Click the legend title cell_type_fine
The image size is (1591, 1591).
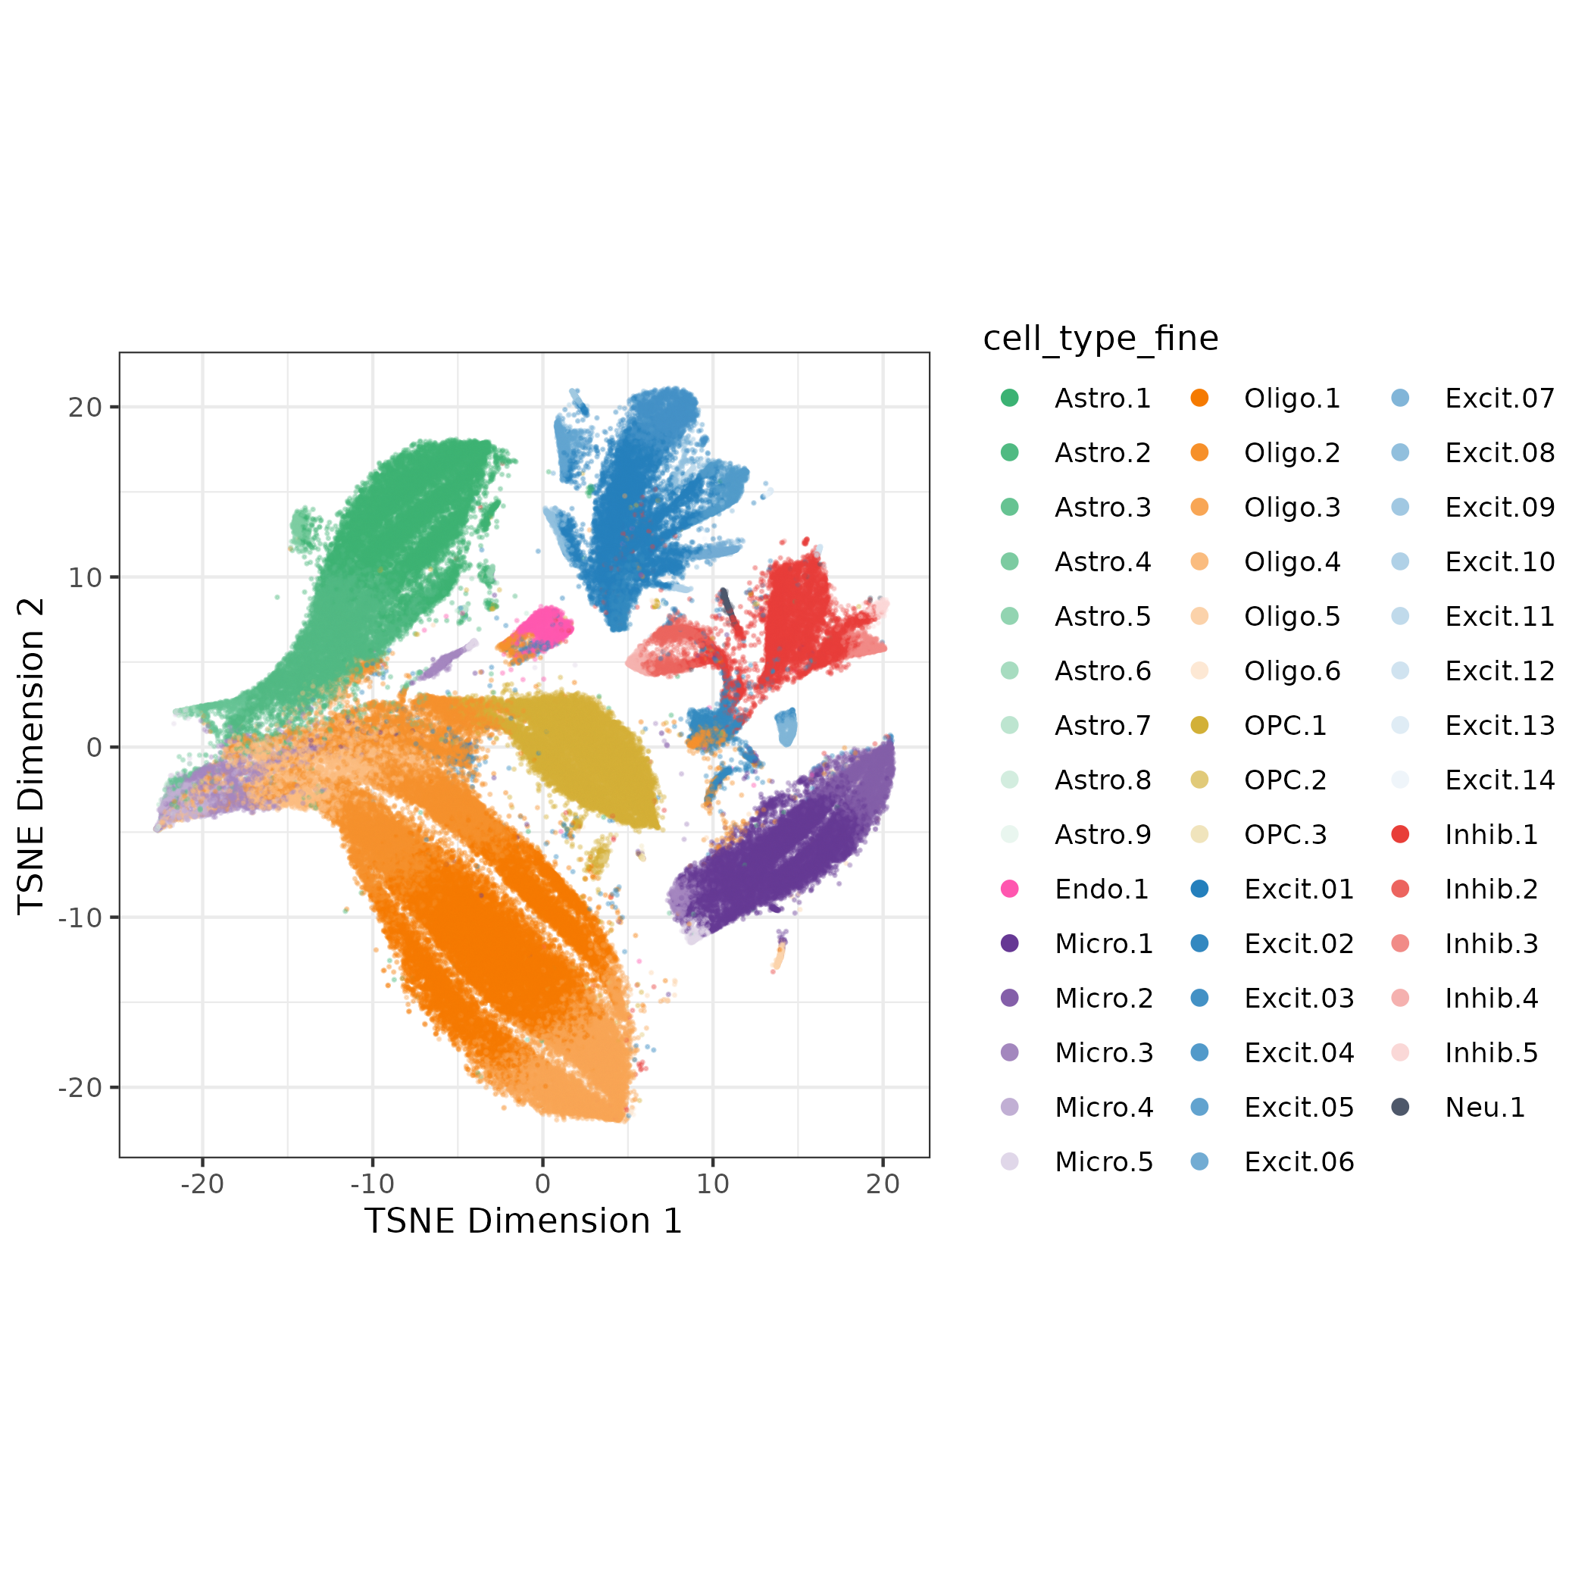[1100, 339]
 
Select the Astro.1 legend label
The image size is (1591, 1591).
[1102, 399]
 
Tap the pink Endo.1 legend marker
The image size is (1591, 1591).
[1010, 889]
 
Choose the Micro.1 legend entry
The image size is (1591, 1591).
[1104, 944]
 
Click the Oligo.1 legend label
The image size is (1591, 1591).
[1291, 399]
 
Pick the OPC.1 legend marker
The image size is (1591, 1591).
[1199, 726]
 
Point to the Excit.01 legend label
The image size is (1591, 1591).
[1299, 889]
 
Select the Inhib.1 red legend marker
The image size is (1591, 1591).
[1400, 834]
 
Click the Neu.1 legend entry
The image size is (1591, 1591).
[1485, 1108]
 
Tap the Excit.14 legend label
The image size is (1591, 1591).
[1499, 780]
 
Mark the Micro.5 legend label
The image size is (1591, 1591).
[1104, 1162]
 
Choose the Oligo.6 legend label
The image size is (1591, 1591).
[1291, 671]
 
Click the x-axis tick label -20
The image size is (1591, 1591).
[202, 1184]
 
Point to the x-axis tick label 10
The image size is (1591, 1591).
[712, 1184]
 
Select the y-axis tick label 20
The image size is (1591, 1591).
[85, 407]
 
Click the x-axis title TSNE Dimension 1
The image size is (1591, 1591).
[523, 1221]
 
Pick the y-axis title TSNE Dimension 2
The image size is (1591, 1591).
[31, 756]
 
